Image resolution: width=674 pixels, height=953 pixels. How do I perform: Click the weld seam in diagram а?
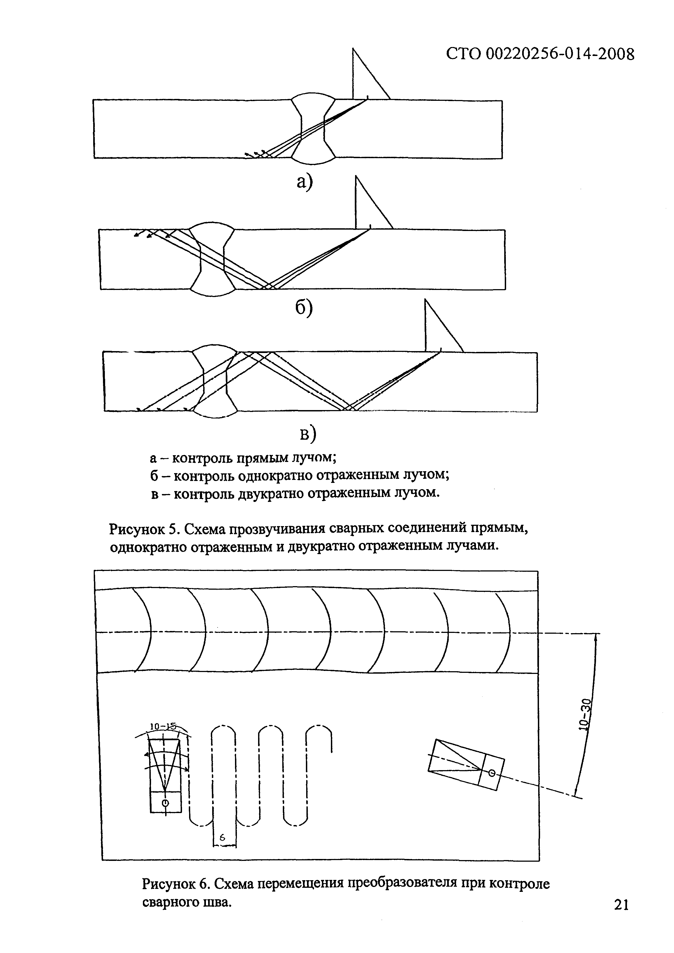(x=313, y=129)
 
